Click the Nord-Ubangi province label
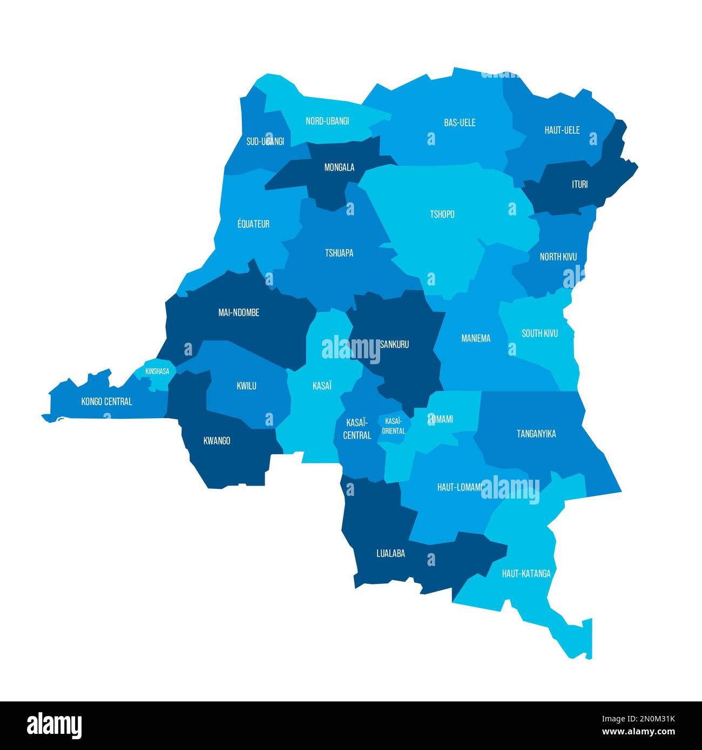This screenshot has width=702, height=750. [327, 121]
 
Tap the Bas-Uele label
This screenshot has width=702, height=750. [460, 122]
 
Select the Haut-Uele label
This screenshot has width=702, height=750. [562, 130]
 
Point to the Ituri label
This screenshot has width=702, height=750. [579, 185]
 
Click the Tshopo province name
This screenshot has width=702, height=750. [442, 214]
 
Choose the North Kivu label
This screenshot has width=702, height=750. [558, 257]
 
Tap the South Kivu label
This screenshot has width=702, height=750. [539, 333]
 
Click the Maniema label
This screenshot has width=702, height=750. [476, 338]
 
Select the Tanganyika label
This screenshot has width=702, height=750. [536, 434]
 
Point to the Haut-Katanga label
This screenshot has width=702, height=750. [526, 574]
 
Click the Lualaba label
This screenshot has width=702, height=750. [390, 553]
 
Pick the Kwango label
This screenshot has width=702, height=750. [217, 441]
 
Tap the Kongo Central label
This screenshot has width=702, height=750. [106, 401]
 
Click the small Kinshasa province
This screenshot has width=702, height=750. [157, 372]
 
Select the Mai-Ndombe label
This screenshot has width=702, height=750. [239, 312]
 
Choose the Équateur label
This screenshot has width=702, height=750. [253, 224]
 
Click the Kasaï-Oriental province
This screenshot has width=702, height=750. [393, 426]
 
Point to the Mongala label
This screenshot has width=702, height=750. [339, 167]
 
